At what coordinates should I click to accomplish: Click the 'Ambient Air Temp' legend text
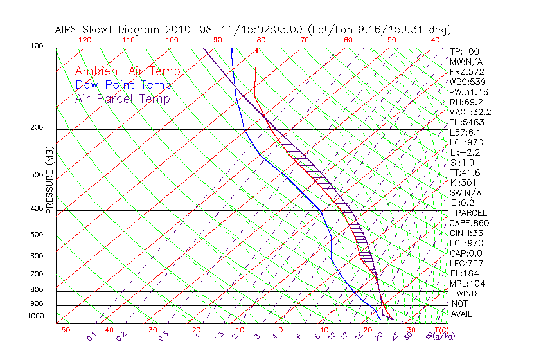tap(128, 71)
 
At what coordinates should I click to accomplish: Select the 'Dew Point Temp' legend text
tap(123, 85)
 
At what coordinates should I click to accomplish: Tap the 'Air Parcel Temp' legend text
tap(123, 98)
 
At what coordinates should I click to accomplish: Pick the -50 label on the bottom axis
tap(62, 330)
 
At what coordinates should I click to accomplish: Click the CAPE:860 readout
tap(469, 223)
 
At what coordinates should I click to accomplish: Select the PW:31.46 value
tap(469, 92)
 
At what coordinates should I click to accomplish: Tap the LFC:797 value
tap(466, 264)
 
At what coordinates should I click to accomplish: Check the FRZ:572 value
tap(466, 72)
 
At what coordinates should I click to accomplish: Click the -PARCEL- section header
tap(471, 213)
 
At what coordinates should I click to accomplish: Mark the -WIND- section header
tap(466, 294)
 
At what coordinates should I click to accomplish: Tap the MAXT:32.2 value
tap(471, 112)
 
